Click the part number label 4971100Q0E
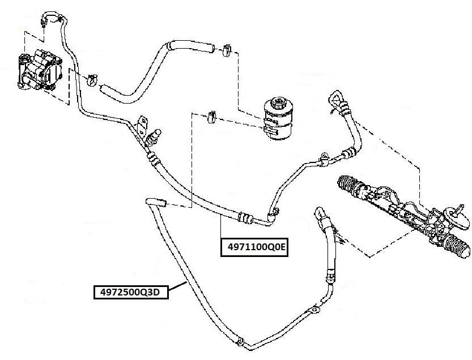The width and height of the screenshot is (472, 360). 255,248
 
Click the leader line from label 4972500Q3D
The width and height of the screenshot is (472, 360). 179,287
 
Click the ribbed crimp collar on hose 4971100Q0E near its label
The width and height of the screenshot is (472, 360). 244,216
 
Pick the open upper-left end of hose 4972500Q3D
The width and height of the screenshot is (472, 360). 153,200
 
